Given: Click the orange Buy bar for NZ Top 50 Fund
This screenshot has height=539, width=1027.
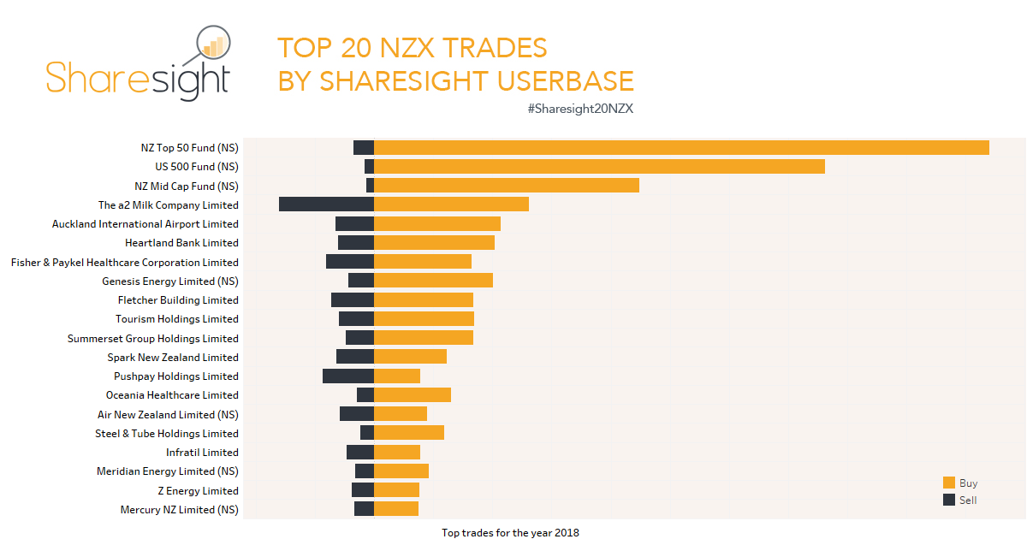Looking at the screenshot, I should [x=681, y=147].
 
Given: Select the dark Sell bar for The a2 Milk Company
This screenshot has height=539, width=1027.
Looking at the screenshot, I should [x=326, y=204].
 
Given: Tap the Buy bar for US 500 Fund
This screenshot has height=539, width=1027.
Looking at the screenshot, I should [x=599, y=166].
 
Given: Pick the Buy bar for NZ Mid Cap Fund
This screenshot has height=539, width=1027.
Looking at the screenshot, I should [x=507, y=186].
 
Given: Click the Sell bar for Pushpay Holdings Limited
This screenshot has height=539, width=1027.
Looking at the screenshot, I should [x=348, y=376].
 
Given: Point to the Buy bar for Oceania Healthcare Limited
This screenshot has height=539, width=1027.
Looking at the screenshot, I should [x=413, y=395].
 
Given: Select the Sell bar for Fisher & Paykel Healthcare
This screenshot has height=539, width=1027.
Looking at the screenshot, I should [x=350, y=262].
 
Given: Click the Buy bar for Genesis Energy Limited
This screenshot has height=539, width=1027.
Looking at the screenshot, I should [x=433, y=281].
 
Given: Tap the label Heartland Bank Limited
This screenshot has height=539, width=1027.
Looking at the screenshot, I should [x=181, y=243].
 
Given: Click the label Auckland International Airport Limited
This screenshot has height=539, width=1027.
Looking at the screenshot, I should [x=145, y=224].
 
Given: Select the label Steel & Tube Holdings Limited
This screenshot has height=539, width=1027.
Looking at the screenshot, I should [x=167, y=434].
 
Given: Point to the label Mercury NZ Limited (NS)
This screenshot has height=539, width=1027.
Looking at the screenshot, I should [x=180, y=510].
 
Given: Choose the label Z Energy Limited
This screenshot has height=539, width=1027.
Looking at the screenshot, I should [x=198, y=491].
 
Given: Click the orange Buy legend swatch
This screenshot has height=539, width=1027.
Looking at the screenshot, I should [x=949, y=483].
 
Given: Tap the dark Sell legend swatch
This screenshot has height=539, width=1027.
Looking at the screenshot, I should [x=949, y=500].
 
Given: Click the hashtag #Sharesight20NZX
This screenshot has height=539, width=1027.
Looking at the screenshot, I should [x=580, y=109].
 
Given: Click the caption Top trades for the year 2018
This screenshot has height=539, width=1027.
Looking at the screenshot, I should [x=510, y=533].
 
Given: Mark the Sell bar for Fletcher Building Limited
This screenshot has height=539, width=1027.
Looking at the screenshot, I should [x=353, y=300].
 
